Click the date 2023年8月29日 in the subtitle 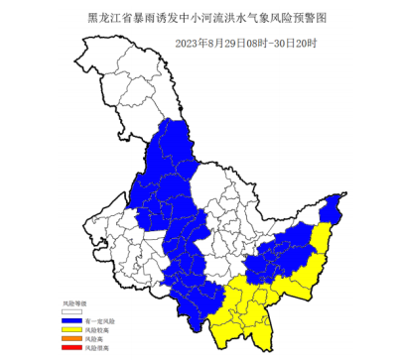tap(205, 43)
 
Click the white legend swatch tap(72, 310)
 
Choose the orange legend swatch tap(72, 339)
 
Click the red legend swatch tap(72, 348)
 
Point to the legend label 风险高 tap(93, 339)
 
